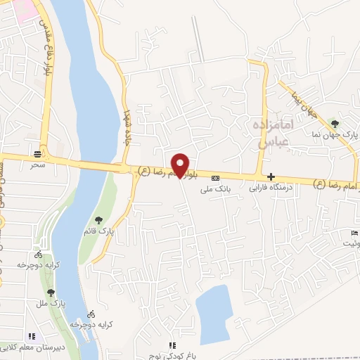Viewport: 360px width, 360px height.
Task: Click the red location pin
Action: [181, 165]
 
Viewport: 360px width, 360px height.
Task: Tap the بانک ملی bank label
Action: [215, 188]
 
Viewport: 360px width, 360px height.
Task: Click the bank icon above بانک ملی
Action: [215, 178]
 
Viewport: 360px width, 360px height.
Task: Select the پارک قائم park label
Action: [101, 231]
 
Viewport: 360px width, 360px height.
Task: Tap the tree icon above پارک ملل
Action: [51, 292]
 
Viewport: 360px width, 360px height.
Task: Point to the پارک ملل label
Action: [50, 302]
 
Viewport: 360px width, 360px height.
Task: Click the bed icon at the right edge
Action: [354, 233]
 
